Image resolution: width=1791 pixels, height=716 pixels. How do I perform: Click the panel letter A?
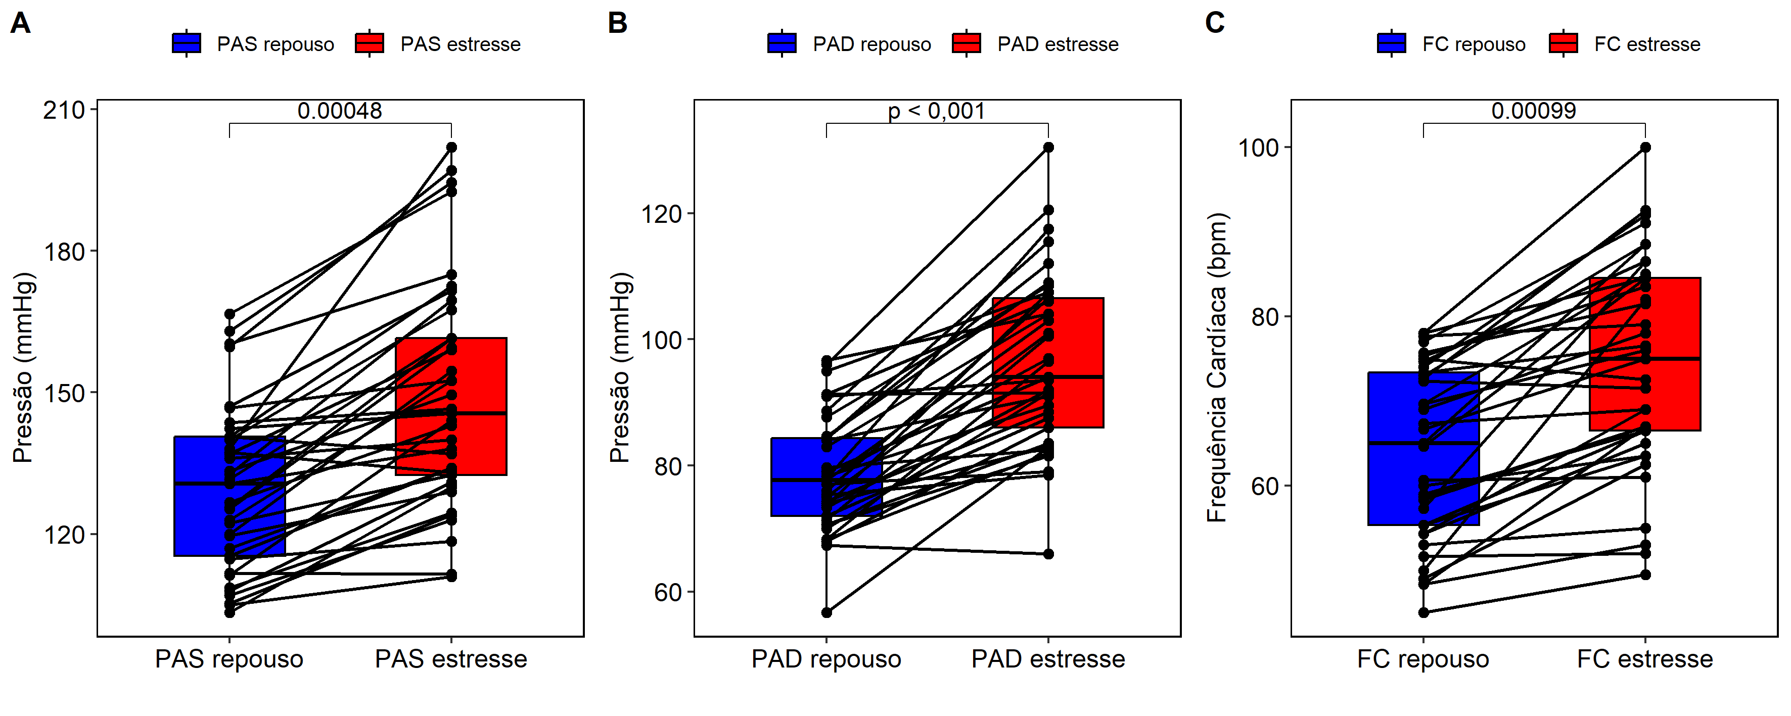[20, 24]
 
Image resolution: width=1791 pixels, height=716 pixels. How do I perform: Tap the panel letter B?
[617, 24]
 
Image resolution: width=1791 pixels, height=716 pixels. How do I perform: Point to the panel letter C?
[1215, 24]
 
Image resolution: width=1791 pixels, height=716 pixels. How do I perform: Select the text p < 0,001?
[937, 111]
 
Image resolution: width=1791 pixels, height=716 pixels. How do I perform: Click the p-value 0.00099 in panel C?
[1533, 111]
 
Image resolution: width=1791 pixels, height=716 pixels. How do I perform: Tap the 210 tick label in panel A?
[64, 110]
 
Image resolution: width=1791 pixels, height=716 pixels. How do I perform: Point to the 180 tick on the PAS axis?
[64, 252]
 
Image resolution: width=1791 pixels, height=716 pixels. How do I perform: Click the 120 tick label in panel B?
[661, 213]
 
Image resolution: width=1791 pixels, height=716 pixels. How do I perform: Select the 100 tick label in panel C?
[1258, 148]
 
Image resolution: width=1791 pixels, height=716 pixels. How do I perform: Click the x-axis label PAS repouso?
[229, 659]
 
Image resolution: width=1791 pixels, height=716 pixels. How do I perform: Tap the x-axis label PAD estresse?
[1048, 659]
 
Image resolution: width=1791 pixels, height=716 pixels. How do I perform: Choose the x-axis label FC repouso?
[1422, 659]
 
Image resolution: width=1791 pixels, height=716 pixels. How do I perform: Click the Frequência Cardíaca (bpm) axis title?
[1217, 367]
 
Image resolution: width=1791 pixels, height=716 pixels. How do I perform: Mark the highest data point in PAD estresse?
[1048, 148]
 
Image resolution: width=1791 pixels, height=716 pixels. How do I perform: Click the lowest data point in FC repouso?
[1423, 612]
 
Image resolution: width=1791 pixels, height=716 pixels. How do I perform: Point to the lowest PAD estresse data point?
[1048, 554]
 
